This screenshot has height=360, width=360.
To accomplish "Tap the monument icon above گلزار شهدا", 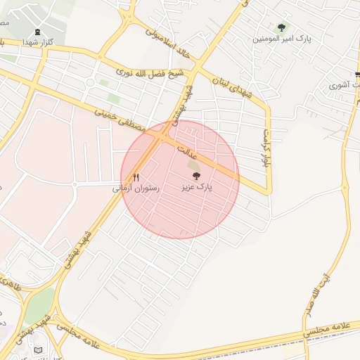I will [37, 32].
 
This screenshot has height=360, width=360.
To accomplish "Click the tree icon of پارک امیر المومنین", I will [282, 27].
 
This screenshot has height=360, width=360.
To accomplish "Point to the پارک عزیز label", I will [195, 188].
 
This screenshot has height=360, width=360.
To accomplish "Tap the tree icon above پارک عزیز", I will [195, 176].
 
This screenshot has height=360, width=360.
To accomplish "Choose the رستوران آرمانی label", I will [136, 188].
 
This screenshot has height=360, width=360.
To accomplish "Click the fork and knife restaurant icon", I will [136, 178].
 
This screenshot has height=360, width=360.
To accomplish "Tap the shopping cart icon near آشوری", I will [358, 75].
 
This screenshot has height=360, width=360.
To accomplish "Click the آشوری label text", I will [345, 86].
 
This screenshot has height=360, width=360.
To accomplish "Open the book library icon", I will [39, 349].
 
